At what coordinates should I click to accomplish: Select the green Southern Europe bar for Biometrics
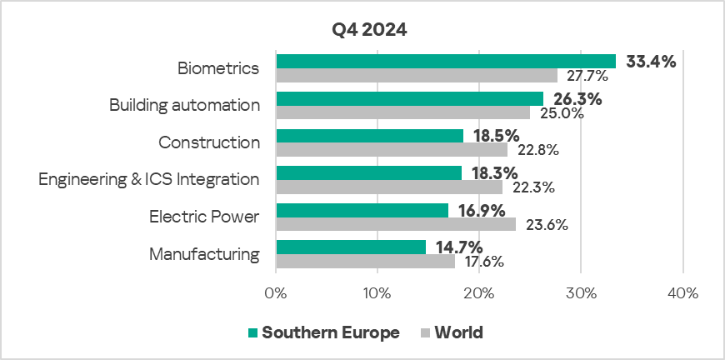(x=446, y=61)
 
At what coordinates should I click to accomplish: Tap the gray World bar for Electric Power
(x=396, y=224)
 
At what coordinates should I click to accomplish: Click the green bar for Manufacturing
(x=351, y=247)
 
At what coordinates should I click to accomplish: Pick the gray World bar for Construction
(x=392, y=150)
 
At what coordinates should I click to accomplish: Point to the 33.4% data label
(x=651, y=61)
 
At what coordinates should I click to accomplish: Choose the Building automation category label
(x=184, y=106)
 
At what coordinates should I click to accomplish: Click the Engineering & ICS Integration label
(x=149, y=179)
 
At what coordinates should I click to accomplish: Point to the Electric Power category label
(x=204, y=217)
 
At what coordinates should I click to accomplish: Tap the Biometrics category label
(x=218, y=68)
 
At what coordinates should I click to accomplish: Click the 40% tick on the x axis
(x=682, y=294)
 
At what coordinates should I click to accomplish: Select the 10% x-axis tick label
(x=377, y=294)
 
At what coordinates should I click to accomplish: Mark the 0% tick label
(x=276, y=294)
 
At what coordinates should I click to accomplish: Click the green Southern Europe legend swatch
(x=252, y=333)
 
